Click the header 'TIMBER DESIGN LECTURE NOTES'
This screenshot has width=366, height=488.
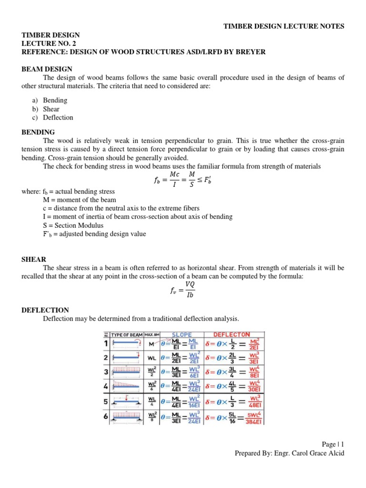click(x=284, y=26)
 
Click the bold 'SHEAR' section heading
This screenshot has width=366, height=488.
click(x=34, y=259)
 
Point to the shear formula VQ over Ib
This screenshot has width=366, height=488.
click(x=183, y=289)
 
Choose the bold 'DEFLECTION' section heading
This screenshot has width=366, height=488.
click(x=45, y=310)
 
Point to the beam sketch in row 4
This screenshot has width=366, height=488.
click(x=126, y=387)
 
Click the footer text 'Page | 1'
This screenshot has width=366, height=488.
click(x=332, y=444)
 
